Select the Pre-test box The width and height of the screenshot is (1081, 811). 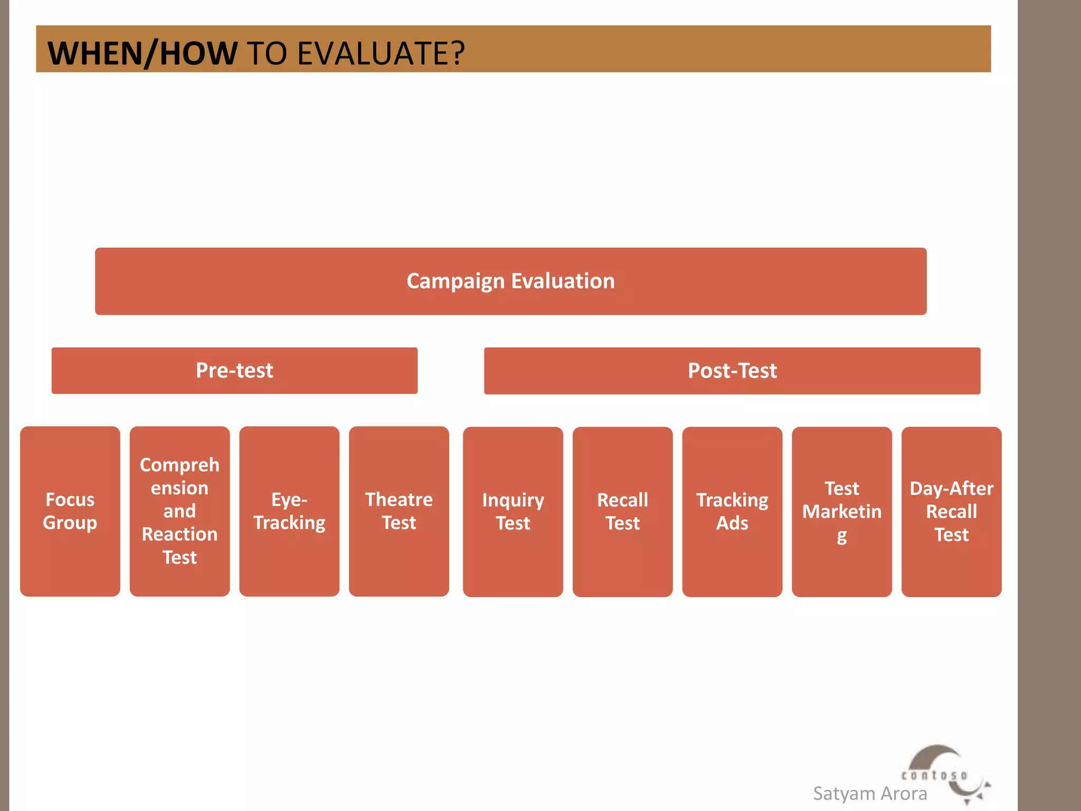point(234,371)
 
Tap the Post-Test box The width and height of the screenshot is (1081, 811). point(732,371)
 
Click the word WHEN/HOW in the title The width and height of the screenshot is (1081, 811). point(143,53)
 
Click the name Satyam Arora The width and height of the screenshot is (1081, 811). point(870,794)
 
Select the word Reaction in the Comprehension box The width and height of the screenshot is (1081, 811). point(179,534)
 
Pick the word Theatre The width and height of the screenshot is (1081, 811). point(399,499)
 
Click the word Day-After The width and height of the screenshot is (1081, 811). point(951,488)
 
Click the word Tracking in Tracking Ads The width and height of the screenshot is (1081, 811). point(732,500)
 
